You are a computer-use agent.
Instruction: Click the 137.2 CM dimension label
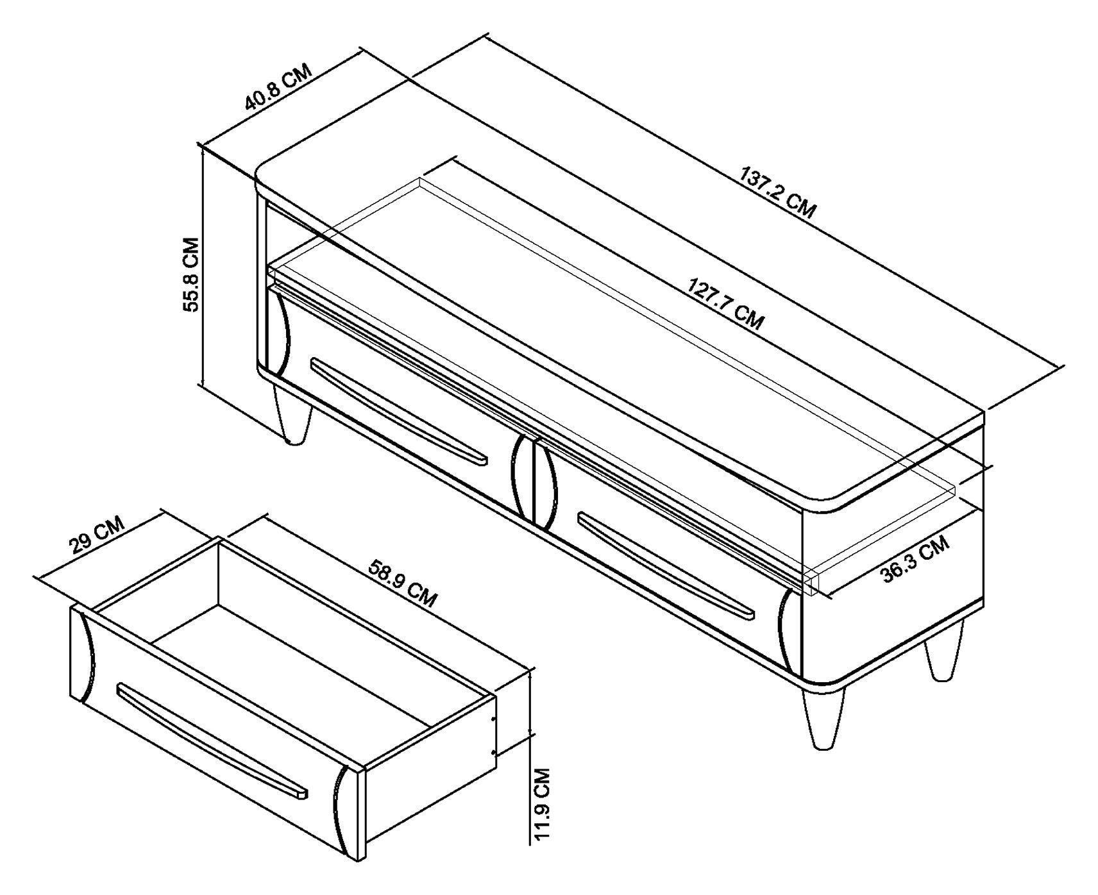(x=778, y=193)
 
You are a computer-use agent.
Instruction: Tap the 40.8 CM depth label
(x=277, y=87)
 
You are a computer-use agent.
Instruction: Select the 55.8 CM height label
(x=191, y=274)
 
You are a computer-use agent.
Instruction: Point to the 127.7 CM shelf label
(x=725, y=303)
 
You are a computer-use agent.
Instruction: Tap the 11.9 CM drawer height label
(x=542, y=808)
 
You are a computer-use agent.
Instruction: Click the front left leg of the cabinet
(x=292, y=414)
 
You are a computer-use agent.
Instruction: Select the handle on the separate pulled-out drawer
(x=212, y=740)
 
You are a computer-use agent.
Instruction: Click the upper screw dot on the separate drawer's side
(x=493, y=719)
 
